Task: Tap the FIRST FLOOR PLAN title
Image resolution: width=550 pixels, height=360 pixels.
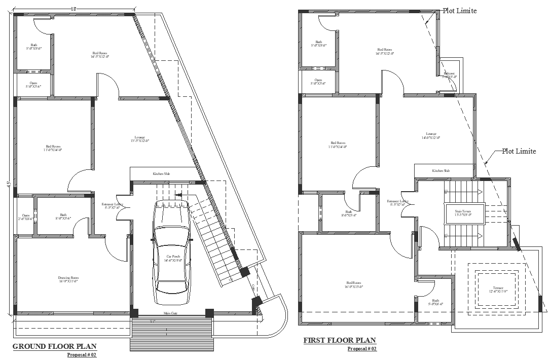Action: click(340, 340)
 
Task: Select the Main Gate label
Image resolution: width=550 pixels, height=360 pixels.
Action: click(170, 313)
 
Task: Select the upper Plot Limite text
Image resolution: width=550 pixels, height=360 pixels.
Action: click(460, 11)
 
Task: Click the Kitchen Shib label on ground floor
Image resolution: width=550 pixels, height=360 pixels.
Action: click(162, 174)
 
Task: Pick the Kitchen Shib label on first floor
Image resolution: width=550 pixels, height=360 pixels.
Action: click(441, 171)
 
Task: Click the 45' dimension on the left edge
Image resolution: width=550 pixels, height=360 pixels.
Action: click(9, 185)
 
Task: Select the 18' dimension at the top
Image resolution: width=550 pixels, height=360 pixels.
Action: click(74, 9)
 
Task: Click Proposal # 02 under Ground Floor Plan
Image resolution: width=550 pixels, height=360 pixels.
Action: click(82, 355)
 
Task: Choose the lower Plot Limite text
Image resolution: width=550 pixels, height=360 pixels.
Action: click(519, 152)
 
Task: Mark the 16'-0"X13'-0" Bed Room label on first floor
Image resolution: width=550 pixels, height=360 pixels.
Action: click(354, 285)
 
